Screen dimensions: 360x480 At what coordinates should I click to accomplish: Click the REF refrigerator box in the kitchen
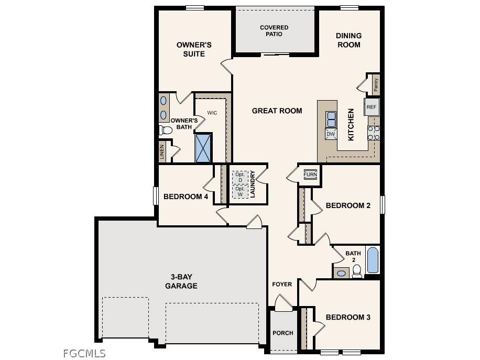[x=371, y=107]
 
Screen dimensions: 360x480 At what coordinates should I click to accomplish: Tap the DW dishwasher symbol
[x=330, y=134]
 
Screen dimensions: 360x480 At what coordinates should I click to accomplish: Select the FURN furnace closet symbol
[x=310, y=174]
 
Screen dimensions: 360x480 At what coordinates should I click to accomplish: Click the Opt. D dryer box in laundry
[x=239, y=177]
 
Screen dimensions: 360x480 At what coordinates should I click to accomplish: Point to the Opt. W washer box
[x=239, y=191]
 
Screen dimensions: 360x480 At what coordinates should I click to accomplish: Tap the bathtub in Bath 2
[x=372, y=260]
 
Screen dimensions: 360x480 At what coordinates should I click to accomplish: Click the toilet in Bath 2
[x=357, y=270]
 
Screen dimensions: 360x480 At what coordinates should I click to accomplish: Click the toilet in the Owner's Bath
[x=166, y=129]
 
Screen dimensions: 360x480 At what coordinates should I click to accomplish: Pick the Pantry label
[x=376, y=84]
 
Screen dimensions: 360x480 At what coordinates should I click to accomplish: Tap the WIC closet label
[x=212, y=113]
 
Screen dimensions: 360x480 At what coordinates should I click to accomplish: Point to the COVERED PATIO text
[x=274, y=31]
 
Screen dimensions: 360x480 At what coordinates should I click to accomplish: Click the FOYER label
[x=282, y=284]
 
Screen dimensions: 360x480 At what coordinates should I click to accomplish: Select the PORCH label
[x=283, y=333]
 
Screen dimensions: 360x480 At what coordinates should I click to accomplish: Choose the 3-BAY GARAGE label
[x=181, y=281]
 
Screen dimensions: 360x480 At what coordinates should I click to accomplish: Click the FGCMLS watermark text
[x=84, y=353]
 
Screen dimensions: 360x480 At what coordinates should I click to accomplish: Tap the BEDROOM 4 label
[x=186, y=197]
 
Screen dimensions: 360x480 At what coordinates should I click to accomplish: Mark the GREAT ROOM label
[x=277, y=111]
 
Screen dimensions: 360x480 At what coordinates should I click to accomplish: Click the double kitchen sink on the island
[x=331, y=119]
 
